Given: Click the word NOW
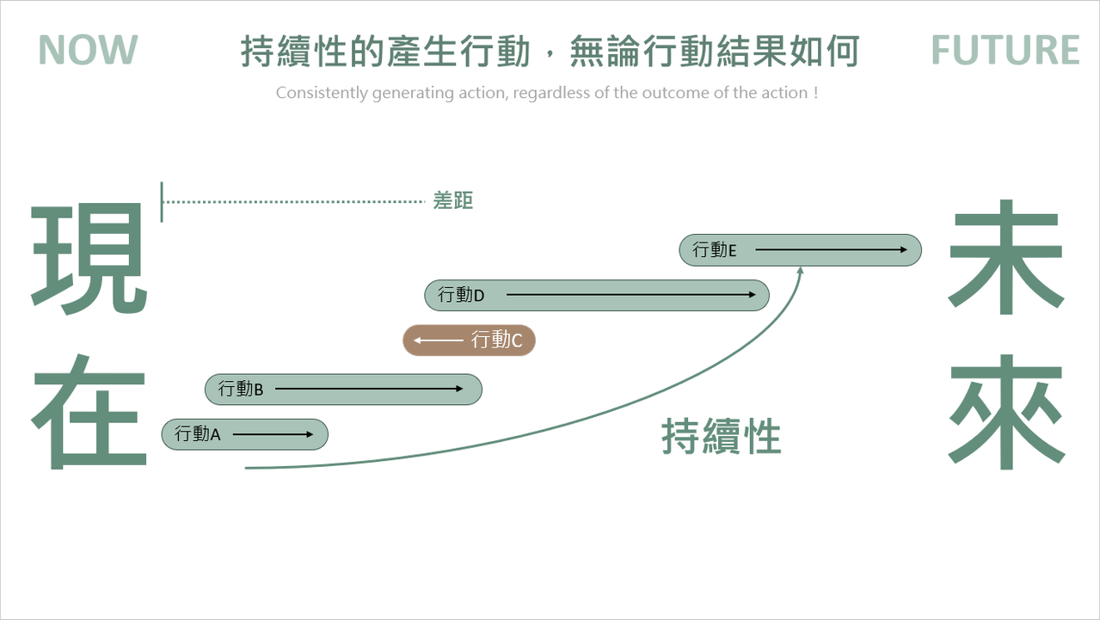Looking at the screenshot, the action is click(88, 50).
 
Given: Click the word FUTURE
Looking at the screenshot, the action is click(1005, 50).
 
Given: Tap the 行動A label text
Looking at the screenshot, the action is click(198, 434).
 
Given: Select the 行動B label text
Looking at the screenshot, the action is click(241, 389).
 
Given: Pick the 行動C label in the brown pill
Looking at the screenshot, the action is click(496, 340).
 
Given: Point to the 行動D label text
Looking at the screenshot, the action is click(461, 295).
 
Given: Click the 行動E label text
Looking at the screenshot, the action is click(714, 250).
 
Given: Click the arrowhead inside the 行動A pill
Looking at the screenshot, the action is click(309, 434).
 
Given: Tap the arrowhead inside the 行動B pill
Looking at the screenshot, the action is click(458, 389).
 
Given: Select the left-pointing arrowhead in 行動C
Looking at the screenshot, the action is click(417, 340).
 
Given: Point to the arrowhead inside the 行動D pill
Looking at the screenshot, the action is click(752, 295).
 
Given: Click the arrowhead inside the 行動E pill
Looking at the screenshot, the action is click(903, 249).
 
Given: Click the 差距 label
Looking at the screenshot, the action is click(452, 200).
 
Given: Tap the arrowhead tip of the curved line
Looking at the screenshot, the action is click(801, 267).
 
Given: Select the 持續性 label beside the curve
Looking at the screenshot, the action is click(721, 436).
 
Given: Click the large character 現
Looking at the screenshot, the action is click(89, 259).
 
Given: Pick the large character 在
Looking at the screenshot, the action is click(89, 411).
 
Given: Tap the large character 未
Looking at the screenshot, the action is click(1006, 257).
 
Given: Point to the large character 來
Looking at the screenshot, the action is click(1006, 411).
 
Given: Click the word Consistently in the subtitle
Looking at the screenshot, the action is click(322, 93).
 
